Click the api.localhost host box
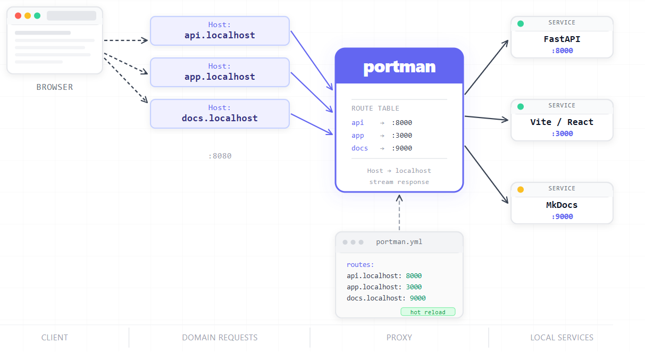tap(220, 31)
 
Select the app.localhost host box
tap(220, 72)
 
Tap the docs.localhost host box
tap(220, 114)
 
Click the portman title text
tap(399, 68)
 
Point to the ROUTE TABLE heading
tap(375, 108)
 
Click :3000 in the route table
tap(402, 136)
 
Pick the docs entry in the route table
tap(359, 148)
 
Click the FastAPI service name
tap(562, 39)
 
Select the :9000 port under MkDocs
tap(562, 216)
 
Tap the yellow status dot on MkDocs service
tap(521, 189)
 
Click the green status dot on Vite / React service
tap(521, 106)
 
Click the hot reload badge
tap(428, 312)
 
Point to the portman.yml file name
tap(399, 241)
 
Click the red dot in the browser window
tap(18, 15)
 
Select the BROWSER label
tap(55, 87)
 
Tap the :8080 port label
tap(220, 156)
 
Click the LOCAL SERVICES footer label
tap(562, 337)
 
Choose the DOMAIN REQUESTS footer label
tap(220, 337)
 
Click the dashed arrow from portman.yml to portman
tap(399, 213)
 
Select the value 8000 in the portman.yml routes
tap(414, 275)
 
